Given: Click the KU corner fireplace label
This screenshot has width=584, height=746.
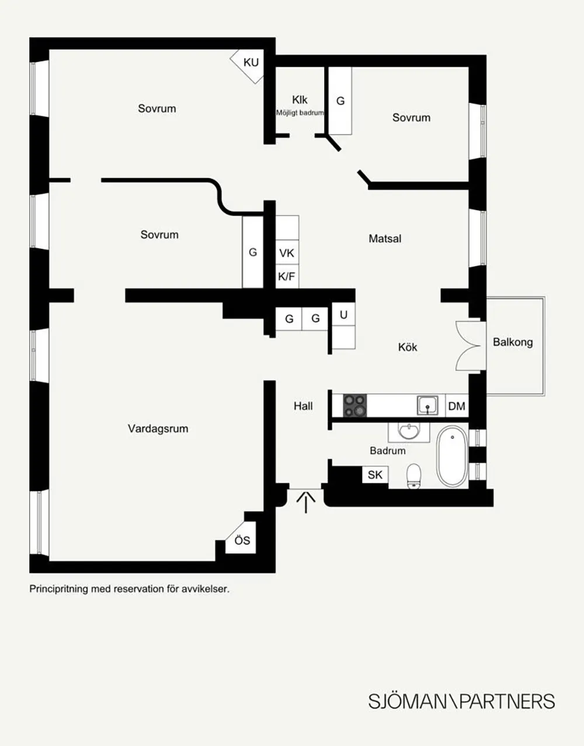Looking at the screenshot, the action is click(251, 62).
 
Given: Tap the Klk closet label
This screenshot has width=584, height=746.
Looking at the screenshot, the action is click(300, 100).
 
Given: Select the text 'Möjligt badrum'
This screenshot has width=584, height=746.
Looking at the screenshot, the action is click(300, 113).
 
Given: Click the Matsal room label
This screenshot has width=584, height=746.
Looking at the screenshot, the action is click(385, 239).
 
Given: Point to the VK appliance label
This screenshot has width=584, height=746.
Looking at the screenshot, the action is click(287, 253).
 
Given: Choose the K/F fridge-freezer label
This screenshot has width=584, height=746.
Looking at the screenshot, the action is click(287, 276).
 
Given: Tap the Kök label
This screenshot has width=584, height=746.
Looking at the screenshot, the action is click(408, 347).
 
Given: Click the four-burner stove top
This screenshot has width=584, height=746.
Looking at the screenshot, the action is click(355, 406).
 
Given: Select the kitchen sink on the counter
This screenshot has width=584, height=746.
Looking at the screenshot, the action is click(427, 406).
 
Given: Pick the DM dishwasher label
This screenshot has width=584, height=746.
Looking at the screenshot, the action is click(457, 406).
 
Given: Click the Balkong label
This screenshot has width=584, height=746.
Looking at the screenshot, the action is click(513, 342).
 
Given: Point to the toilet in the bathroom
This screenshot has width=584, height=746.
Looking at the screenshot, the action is click(413, 476).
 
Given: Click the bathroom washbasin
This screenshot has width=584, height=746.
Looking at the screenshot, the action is click(409, 432).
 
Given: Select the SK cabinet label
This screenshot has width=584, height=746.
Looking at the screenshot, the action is click(375, 475).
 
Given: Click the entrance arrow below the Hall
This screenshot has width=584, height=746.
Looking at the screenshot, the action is click(306, 503).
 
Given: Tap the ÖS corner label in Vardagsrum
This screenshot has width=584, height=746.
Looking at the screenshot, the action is click(242, 541).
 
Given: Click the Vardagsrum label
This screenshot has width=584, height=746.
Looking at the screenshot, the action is click(158, 428).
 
